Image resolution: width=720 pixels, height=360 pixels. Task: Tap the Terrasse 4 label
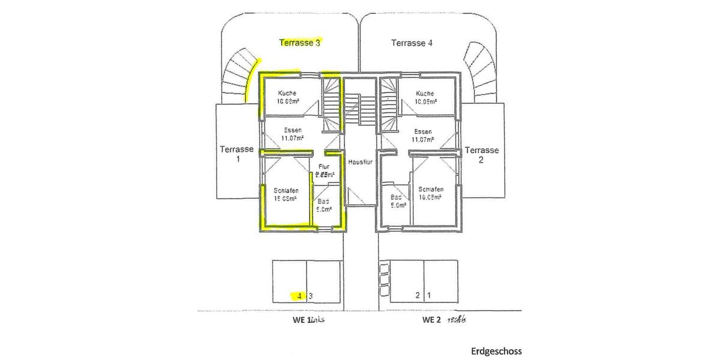[x=412, y=43]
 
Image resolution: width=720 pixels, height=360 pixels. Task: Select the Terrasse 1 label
[x=236, y=154]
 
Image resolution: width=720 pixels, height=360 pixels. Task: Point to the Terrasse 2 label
[x=482, y=155]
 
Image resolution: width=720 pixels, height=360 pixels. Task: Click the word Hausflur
[x=361, y=163]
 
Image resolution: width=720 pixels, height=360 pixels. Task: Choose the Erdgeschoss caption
[x=496, y=351]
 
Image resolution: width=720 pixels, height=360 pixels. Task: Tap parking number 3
[x=311, y=295]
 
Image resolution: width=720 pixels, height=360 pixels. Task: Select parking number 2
[x=418, y=295]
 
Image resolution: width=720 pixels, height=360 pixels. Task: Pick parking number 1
[x=429, y=295]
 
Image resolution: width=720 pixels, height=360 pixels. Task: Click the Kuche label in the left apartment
[x=287, y=94]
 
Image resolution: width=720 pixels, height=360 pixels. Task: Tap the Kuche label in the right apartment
[x=425, y=94]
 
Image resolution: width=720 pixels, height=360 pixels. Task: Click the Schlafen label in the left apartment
[x=287, y=191]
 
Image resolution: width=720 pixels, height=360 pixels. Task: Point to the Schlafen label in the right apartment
[x=431, y=189]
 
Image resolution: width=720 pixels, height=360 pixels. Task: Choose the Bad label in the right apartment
[x=396, y=196]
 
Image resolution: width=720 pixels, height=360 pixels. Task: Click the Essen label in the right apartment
[x=423, y=131]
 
